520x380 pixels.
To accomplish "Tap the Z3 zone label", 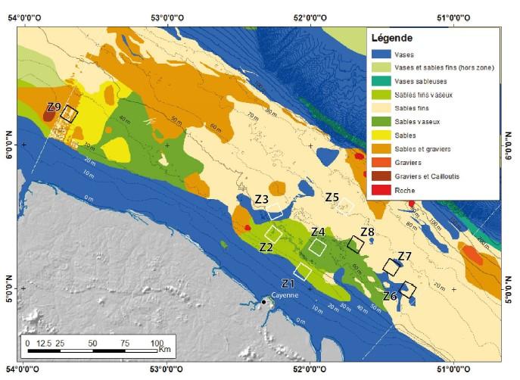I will click(x=262, y=199).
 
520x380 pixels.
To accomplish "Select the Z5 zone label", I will click(x=332, y=197).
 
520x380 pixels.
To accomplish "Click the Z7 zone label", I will click(x=404, y=256).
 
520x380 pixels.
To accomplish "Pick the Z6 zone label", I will click(x=390, y=296).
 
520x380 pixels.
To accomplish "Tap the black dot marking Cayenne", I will click(x=264, y=302).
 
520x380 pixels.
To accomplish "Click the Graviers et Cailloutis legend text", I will click(x=428, y=176).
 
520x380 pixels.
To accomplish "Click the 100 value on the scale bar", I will click(x=157, y=343).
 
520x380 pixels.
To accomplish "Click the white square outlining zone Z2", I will click(x=273, y=234).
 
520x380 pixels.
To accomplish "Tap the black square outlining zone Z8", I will click(x=354, y=244).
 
